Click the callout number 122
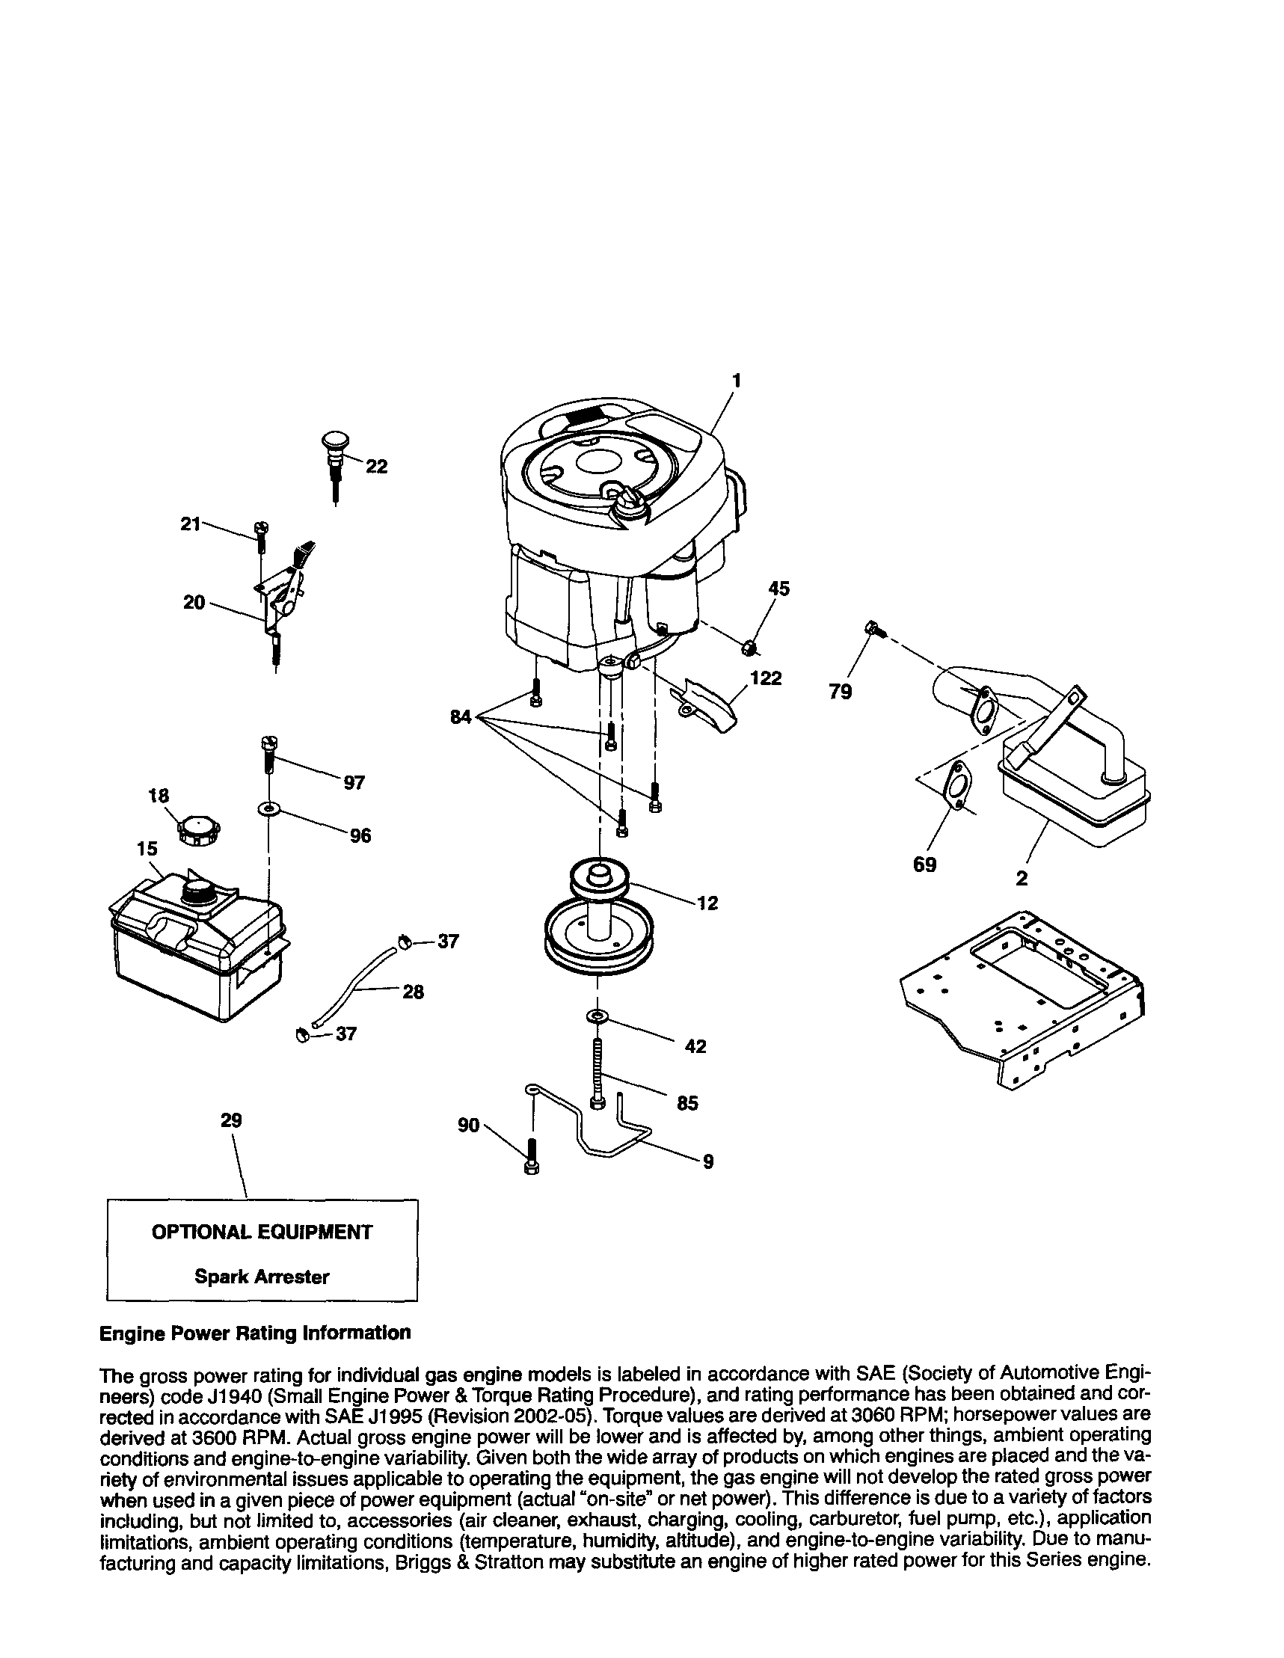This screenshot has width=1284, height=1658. [765, 678]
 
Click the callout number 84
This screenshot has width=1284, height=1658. [461, 715]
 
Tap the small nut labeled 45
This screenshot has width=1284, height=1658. [749, 646]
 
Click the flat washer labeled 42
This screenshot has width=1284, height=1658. [598, 1016]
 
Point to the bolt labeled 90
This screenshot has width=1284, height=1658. [532, 1156]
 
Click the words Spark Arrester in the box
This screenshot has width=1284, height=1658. [261, 1276]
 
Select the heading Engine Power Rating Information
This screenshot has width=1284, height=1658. [255, 1332]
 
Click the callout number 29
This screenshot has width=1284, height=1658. [231, 1120]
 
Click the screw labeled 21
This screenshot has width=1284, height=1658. [261, 536]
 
